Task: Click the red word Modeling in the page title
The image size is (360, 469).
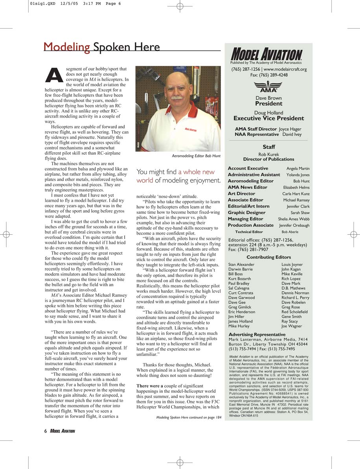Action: pos(67,47)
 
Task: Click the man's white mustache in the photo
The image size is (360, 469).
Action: pos(177,97)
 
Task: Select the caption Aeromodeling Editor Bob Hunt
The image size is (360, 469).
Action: pos(197,156)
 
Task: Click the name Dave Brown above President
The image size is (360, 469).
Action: pos(269,98)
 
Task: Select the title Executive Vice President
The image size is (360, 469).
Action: pos(269,118)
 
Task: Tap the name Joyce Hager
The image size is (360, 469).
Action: pos(290,129)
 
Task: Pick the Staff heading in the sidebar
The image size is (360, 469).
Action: pos(269,147)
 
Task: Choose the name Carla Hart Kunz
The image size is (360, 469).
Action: pos(296,194)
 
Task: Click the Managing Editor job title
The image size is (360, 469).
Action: pos(246,219)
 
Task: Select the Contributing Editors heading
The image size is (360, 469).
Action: pos(269,257)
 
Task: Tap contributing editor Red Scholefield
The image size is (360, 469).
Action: pos(294,312)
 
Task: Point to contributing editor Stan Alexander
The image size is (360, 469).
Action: pos(241,265)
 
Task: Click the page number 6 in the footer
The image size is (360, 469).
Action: pos(46,431)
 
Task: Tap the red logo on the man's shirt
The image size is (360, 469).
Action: pos(191,129)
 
